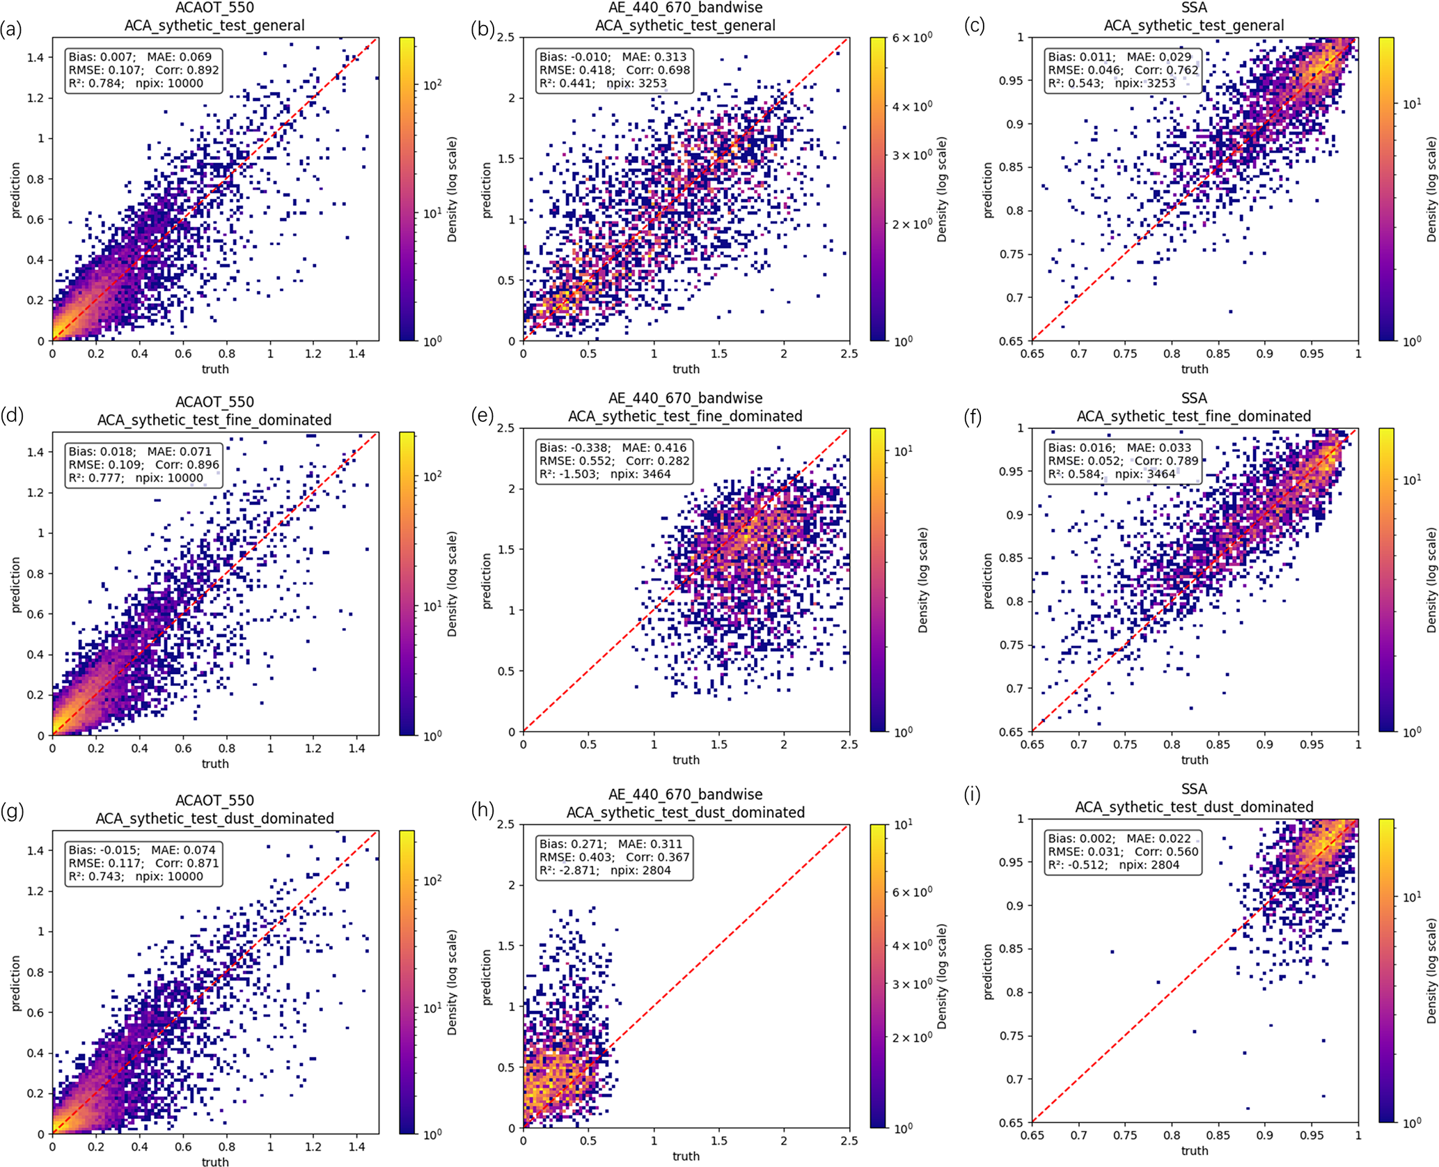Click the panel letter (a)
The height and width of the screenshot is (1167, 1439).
(11, 29)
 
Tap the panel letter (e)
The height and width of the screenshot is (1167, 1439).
(482, 416)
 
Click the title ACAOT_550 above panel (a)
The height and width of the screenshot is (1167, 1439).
(214, 8)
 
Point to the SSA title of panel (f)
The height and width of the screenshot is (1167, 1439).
(1194, 398)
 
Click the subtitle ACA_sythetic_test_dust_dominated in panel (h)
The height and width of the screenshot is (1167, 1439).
(685, 813)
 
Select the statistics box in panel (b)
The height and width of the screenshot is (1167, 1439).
(614, 70)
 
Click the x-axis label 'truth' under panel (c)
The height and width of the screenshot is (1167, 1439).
(1195, 369)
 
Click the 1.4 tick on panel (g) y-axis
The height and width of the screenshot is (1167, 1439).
(36, 850)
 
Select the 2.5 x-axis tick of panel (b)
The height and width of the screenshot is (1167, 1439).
(849, 354)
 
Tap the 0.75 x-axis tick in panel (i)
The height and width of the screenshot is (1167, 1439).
(1125, 1136)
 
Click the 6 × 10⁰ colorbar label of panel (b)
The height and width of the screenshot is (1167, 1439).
(912, 38)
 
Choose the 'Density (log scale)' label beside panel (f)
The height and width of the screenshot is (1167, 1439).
(1431, 579)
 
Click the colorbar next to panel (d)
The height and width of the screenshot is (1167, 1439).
(407, 583)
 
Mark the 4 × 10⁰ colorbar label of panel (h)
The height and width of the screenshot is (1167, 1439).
(912, 946)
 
